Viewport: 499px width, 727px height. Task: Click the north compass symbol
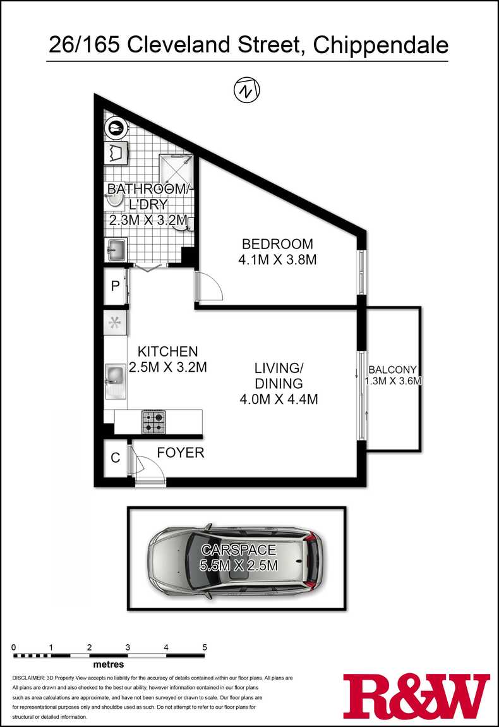(x=246, y=90)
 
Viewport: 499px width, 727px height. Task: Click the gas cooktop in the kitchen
(x=154, y=422)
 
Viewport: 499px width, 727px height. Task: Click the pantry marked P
(x=116, y=286)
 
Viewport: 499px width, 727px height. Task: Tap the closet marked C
(x=116, y=458)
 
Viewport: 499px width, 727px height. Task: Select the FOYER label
(x=180, y=453)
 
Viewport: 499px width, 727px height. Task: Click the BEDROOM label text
(x=277, y=244)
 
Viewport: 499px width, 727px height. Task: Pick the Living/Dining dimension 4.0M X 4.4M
(x=279, y=399)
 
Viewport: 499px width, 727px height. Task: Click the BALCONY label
(x=392, y=370)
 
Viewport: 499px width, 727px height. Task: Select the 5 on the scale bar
(x=204, y=647)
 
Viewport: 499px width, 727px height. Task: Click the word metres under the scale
(x=109, y=664)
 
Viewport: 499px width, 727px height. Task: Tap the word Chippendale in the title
(x=381, y=46)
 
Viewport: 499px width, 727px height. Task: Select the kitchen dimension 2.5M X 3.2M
(x=168, y=367)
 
